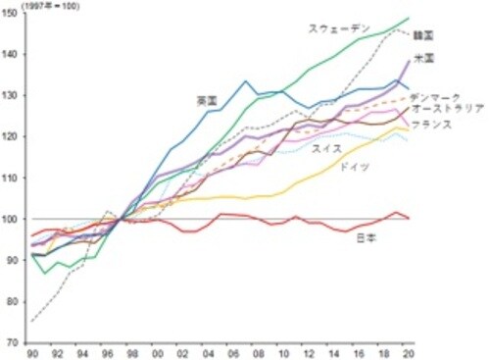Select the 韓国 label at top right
424,35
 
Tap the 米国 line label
424,59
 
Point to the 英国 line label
206,101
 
